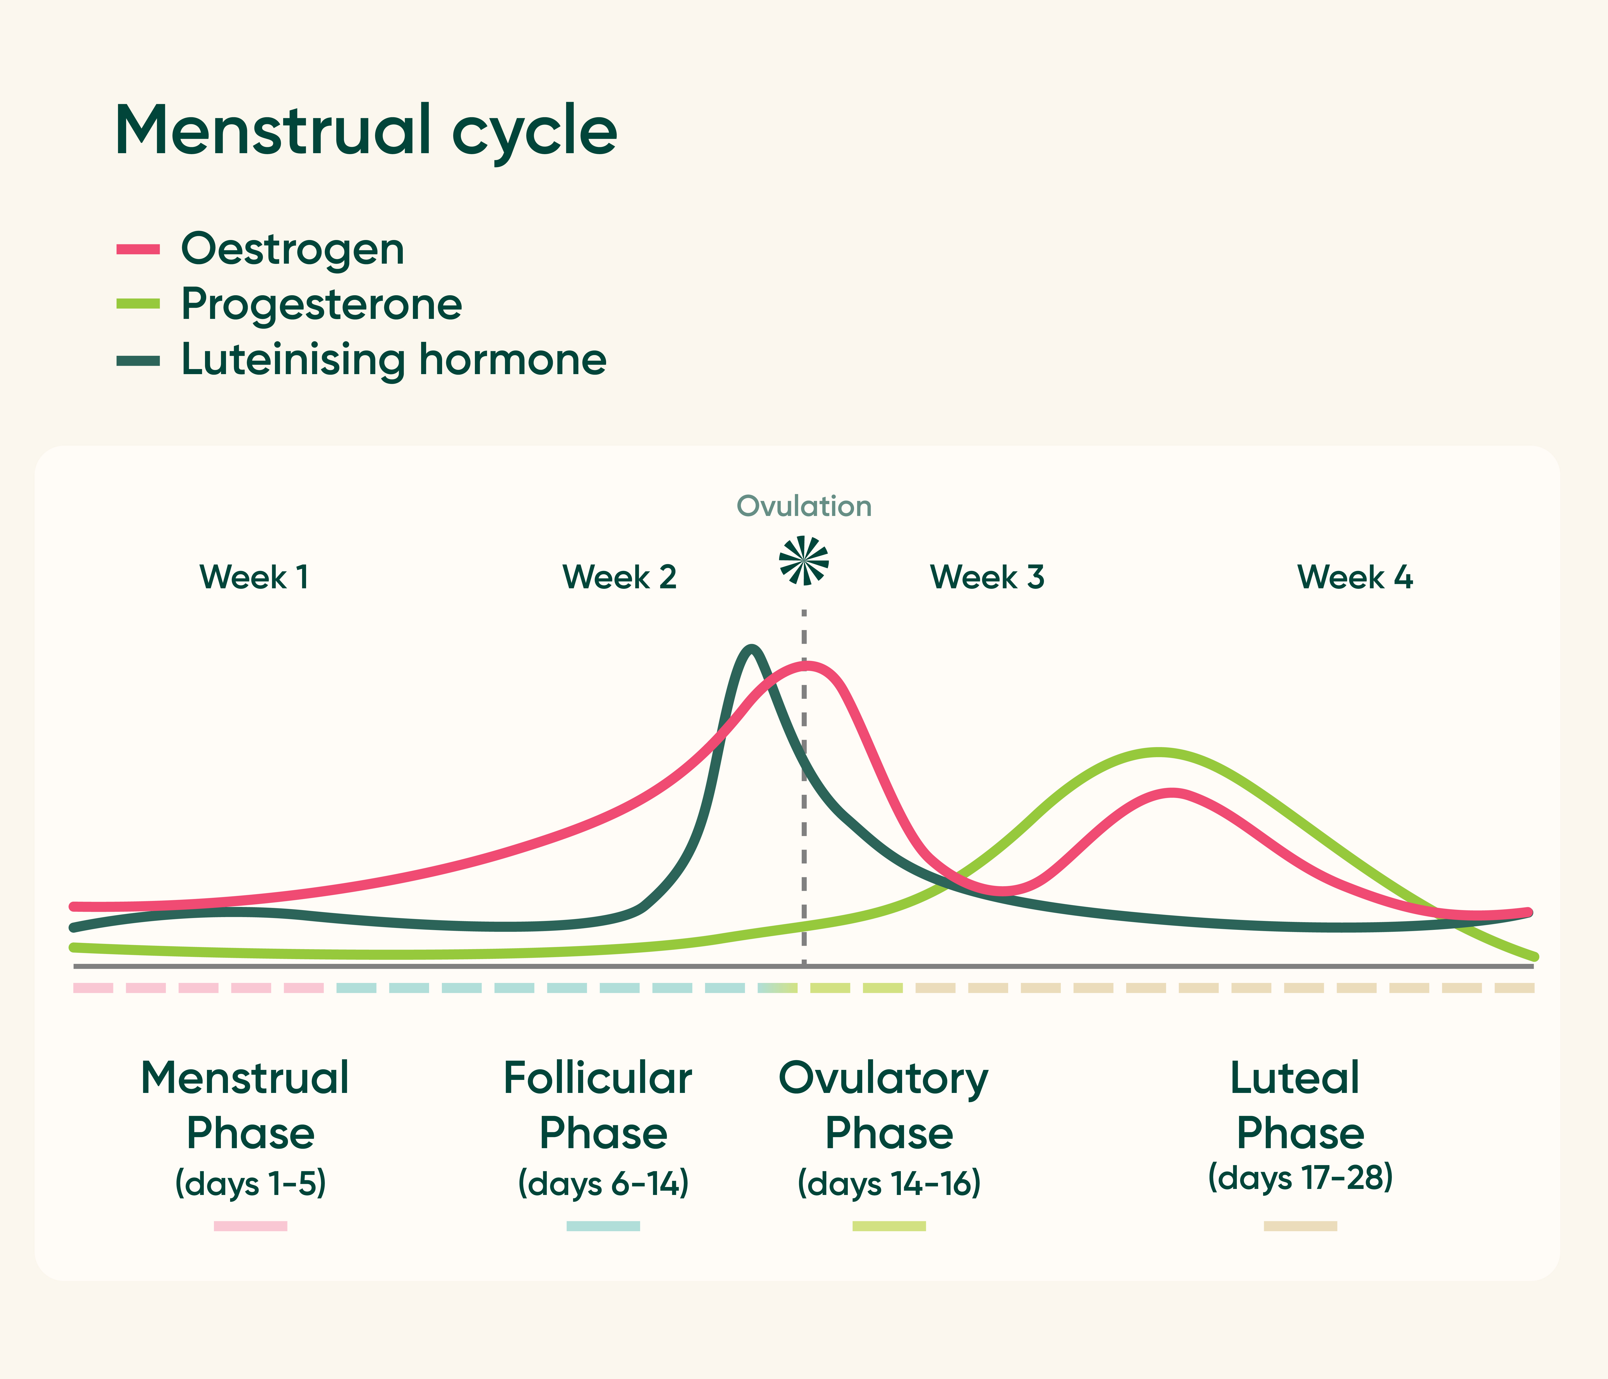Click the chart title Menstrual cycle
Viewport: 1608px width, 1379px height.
tap(366, 130)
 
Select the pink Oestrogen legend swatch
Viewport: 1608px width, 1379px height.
tap(138, 249)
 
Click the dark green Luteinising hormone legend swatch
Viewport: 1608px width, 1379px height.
tap(138, 361)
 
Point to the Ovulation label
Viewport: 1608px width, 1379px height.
tap(804, 506)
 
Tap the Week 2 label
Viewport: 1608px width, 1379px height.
tap(619, 577)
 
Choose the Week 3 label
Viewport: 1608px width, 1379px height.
tap(987, 577)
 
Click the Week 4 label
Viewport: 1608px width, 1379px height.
tap(1355, 577)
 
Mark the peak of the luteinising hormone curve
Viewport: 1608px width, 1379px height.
tap(750, 649)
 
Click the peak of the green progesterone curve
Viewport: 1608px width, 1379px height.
tap(1158, 752)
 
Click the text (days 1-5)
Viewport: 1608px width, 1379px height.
tap(251, 1183)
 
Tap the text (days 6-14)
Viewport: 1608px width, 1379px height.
tap(603, 1183)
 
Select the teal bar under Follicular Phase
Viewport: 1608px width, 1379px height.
tap(603, 1226)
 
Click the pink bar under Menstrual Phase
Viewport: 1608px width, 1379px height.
tap(251, 1226)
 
